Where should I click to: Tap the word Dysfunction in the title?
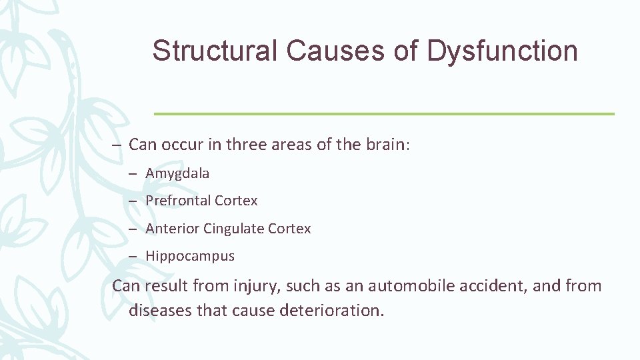[x=502, y=51]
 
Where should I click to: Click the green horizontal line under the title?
[x=384, y=114]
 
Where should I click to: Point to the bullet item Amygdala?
[x=177, y=173]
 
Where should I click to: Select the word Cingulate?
[x=233, y=229]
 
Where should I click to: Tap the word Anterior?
[x=172, y=229]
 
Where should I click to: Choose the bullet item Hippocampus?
[x=190, y=256]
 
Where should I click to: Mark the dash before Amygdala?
[x=134, y=174]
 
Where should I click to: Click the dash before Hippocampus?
[x=134, y=256]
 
